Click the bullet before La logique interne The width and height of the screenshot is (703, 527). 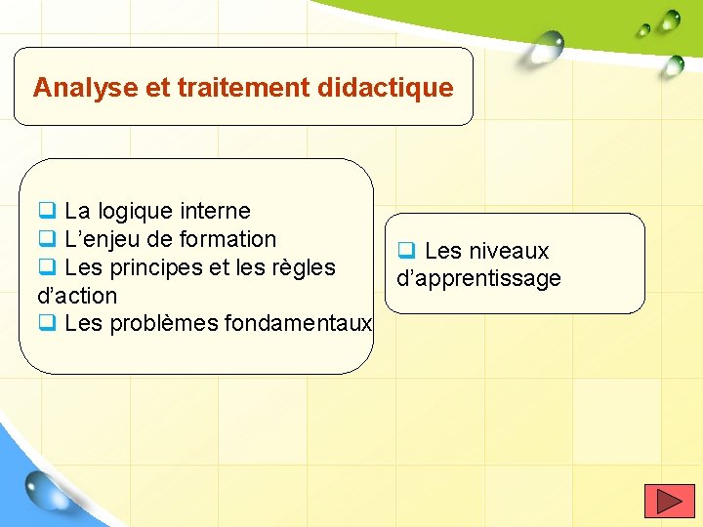[46, 210]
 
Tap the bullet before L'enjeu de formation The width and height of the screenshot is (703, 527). [46, 238]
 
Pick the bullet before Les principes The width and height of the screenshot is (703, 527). [46, 266]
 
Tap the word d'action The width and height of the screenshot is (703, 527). [77, 296]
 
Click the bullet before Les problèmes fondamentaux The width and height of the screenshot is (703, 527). [46, 323]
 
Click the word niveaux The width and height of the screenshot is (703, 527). [509, 251]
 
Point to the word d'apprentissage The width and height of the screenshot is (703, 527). [478, 279]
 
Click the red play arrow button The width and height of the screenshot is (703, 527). [669, 501]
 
